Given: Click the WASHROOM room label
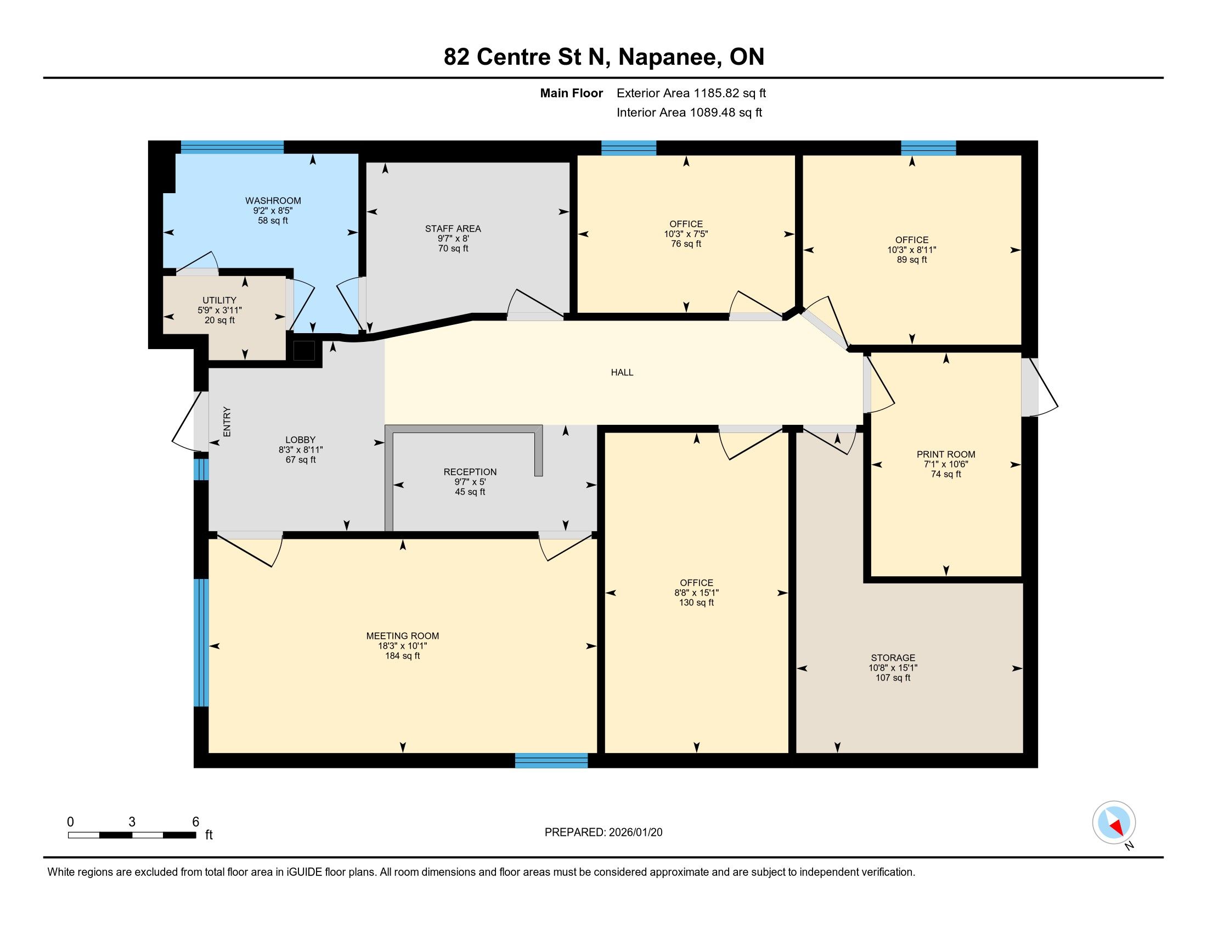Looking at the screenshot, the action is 273,201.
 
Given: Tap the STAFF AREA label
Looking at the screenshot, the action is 453,229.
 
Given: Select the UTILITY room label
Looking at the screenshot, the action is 219,301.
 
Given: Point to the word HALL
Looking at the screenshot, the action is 622,373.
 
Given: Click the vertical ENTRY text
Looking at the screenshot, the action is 227,421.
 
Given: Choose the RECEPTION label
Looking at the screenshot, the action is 470,472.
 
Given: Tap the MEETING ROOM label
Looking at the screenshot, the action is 402,636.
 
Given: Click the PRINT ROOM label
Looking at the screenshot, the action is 946,455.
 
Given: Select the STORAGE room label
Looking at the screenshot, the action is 893,658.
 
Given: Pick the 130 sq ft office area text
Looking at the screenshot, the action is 696,603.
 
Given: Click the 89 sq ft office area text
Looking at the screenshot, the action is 911,260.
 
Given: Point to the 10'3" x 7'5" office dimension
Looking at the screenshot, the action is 686,234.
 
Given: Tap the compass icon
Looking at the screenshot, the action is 1114,823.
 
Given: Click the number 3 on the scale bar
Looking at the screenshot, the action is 132,822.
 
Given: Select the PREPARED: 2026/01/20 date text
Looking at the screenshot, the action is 603,833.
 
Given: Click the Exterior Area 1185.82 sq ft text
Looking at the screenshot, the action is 691,93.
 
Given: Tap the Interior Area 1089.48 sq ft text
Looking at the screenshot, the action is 689,113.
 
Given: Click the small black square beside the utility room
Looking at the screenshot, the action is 304,351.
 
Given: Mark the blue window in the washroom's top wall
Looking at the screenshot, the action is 232,147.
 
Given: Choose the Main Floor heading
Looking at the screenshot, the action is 572,93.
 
